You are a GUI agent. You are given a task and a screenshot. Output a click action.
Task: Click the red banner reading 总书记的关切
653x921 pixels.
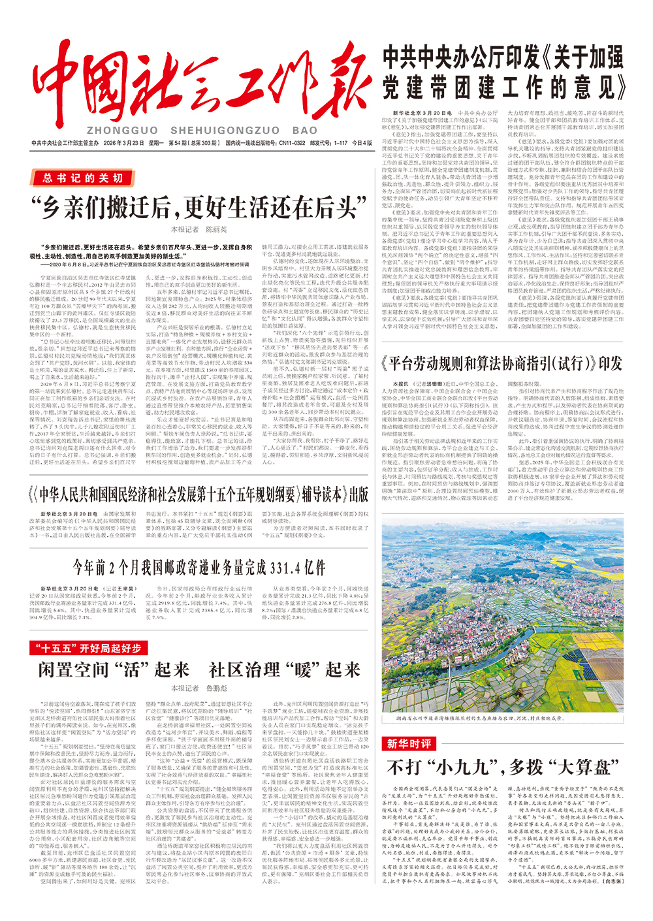(83, 178)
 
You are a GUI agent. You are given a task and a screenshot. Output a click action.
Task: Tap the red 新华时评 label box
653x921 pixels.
(409, 743)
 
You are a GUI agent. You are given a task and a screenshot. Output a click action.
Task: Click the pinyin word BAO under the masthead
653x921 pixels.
(305, 131)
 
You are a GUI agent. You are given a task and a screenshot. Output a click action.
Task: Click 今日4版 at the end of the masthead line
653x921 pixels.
(361, 143)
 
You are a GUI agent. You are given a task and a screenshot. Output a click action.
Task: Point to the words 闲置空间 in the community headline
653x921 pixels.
(74, 670)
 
